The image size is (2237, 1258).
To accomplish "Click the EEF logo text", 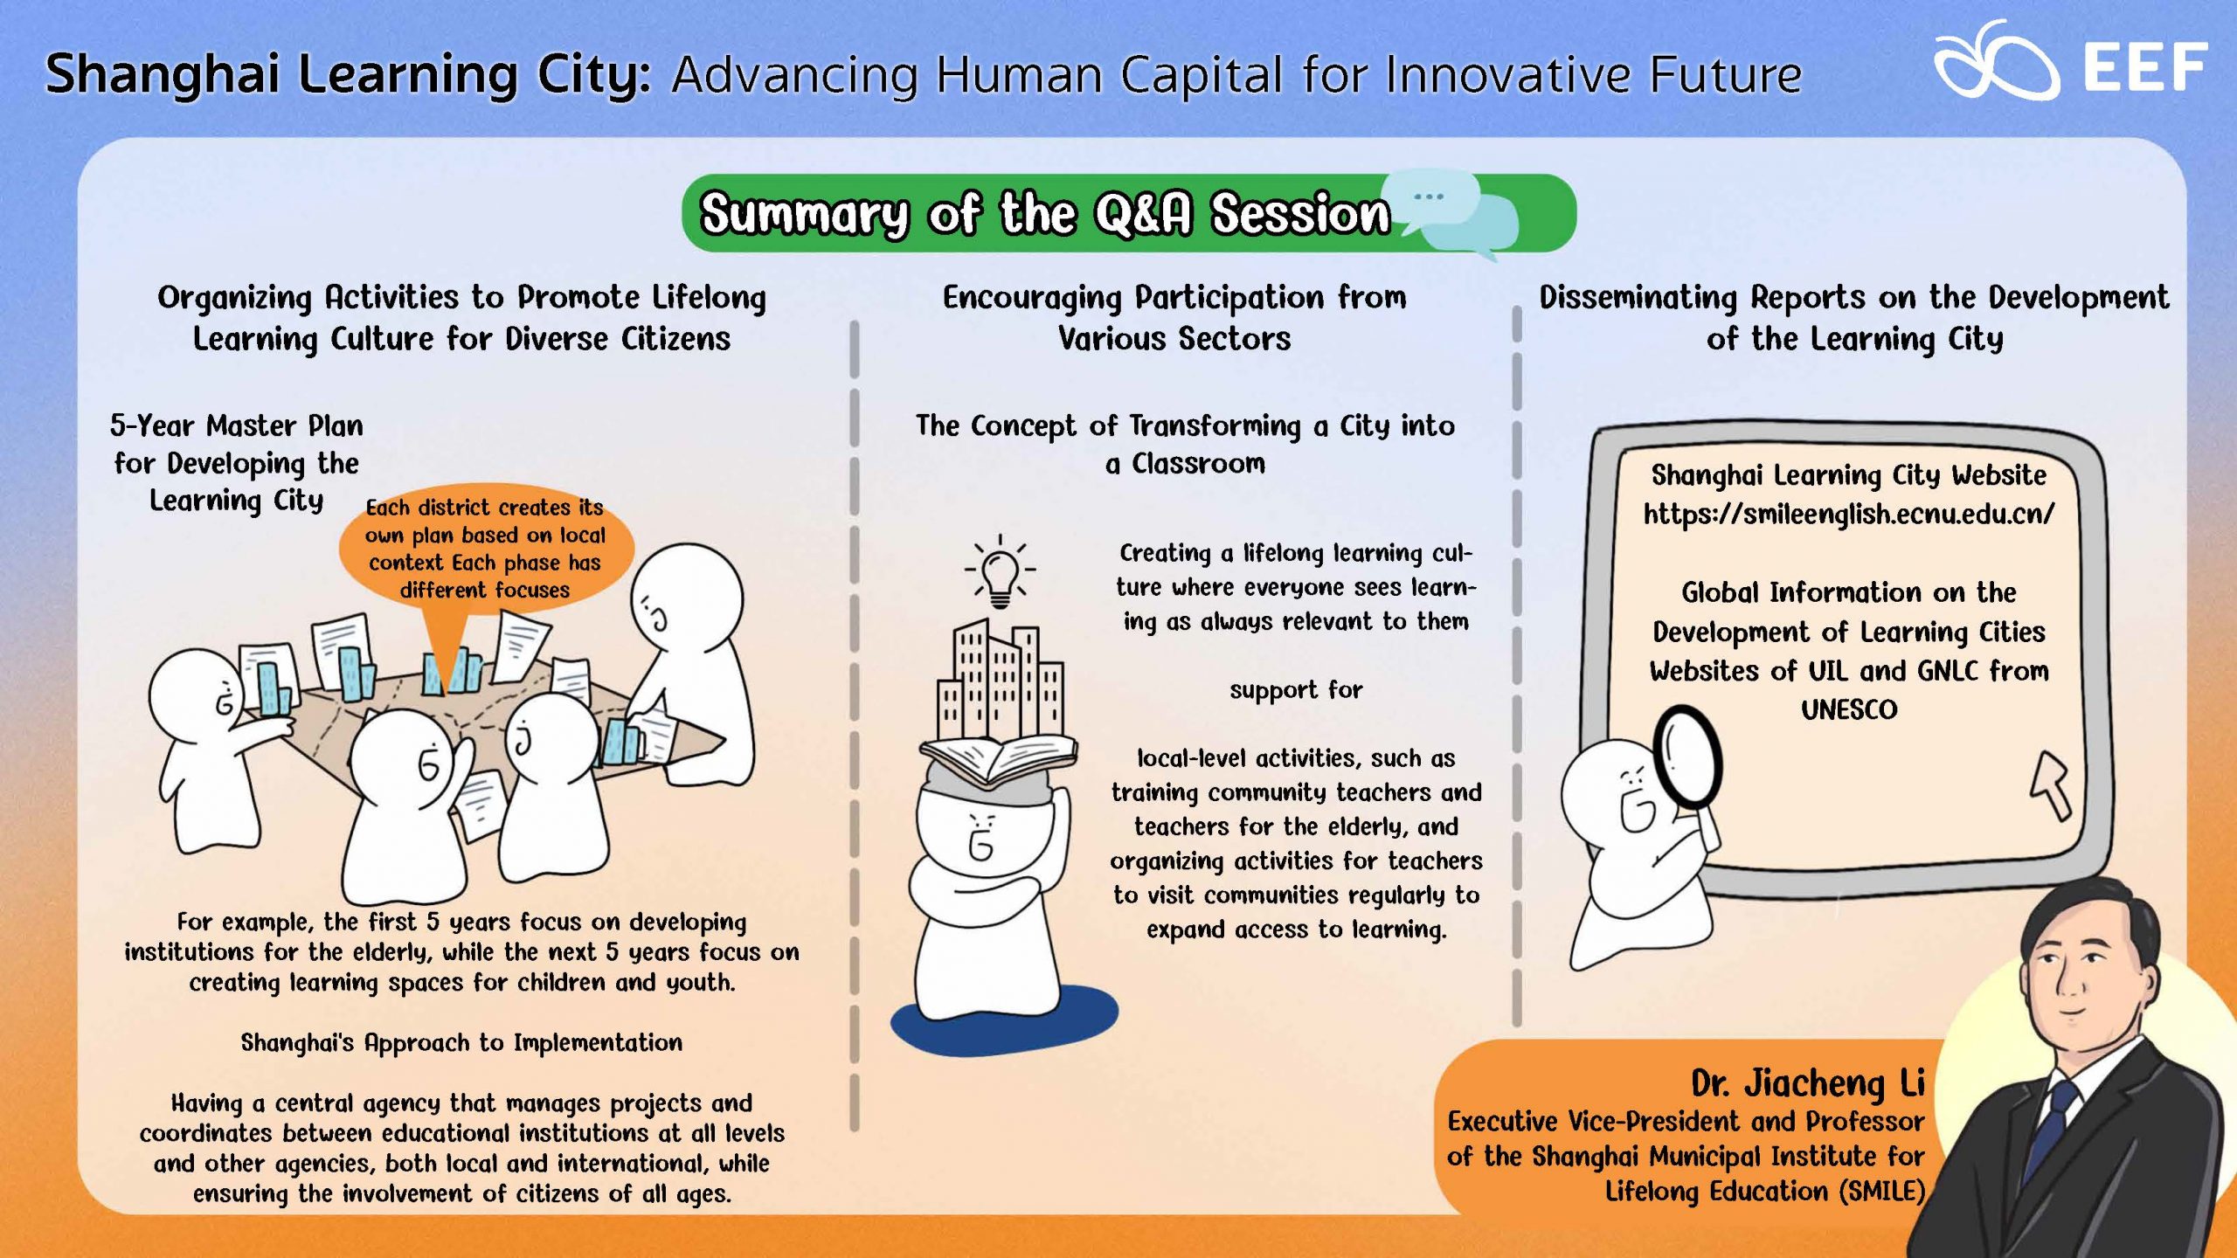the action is (x=2145, y=67).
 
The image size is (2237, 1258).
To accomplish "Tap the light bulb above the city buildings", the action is (x=1000, y=572).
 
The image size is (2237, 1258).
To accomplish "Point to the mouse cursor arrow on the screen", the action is (x=2052, y=785).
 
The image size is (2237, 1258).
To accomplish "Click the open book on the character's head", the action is (x=998, y=759).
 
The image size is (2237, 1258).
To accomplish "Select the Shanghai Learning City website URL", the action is (x=1849, y=515).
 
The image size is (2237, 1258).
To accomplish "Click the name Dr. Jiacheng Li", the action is (x=1808, y=1082).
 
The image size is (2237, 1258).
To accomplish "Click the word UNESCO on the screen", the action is (x=1849, y=709).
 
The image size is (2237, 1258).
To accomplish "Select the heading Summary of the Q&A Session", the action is (x=1045, y=213).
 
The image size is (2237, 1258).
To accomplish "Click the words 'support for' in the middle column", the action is (x=1296, y=690).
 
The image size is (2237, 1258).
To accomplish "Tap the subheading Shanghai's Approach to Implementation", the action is (x=461, y=1042).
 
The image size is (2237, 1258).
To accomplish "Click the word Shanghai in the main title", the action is (x=162, y=75).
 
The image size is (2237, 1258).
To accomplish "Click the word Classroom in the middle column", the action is (x=1198, y=464).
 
